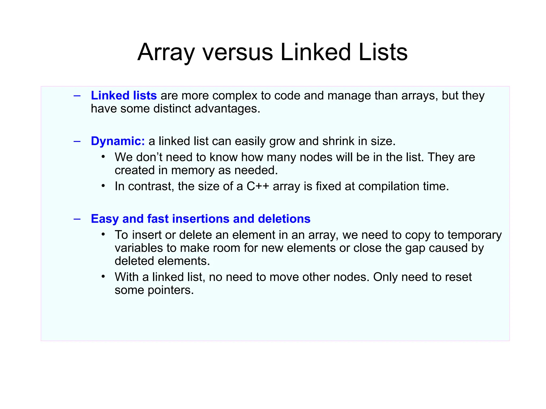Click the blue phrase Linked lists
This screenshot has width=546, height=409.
[124, 96]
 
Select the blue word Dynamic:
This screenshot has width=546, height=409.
[118, 141]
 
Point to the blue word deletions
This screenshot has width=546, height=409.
[284, 219]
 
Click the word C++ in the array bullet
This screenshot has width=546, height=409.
[258, 186]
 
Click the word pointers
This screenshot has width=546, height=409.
[171, 290]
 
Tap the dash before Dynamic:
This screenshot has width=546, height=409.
[77, 141]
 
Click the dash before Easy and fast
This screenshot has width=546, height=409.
[77, 219]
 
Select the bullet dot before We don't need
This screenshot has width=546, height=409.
[103, 157]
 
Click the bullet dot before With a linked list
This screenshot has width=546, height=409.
[103, 276]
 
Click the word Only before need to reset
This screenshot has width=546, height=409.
[385, 277]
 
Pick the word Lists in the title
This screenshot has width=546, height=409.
[383, 52]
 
